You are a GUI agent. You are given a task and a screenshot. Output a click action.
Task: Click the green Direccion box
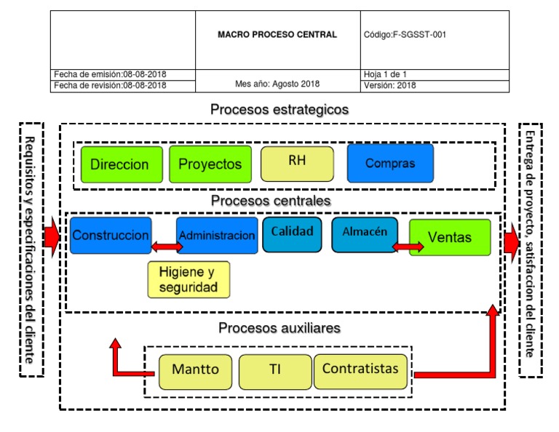(119, 164)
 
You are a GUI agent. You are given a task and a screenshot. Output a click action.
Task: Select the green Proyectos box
(210, 164)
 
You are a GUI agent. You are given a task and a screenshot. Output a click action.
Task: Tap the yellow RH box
(297, 163)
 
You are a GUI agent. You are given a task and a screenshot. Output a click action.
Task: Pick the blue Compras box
(390, 163)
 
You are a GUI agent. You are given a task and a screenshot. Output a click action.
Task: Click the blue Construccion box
(111, 236)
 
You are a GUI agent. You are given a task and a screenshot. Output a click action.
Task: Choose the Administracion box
(217, 236)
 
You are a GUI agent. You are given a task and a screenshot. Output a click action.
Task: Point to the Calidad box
(292, 234)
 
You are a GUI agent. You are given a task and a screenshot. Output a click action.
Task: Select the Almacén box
(365, 234)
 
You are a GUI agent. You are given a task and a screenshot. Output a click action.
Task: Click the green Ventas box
(450, 237)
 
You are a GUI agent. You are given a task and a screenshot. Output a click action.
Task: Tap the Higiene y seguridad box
(188, 280)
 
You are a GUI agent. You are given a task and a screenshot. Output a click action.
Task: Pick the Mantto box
(195, 369)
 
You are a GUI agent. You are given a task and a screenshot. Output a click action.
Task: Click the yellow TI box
(274, 369)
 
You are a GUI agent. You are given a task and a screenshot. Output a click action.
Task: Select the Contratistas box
(360, 369)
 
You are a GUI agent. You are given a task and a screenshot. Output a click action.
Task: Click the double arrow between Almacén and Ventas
(408, 247)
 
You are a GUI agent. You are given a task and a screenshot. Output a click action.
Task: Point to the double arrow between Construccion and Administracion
(167, 247)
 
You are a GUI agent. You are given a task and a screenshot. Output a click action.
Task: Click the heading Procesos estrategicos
(279, 110)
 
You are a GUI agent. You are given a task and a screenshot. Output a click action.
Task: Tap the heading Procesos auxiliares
(279, 328)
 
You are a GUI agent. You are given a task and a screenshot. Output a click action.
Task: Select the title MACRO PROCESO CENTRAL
(277, 35)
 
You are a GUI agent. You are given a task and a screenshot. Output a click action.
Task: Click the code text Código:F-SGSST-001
(404, 35)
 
